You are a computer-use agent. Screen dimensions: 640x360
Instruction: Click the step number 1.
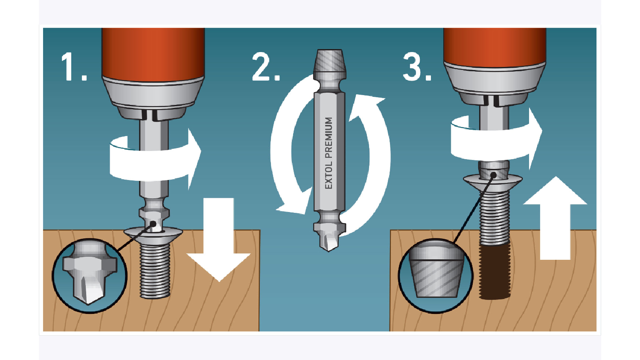pyautogui.click(x=74, y=67)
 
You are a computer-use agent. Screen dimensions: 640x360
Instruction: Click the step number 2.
pyautogui.click(x=266, y=67)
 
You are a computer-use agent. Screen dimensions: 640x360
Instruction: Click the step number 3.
pyautogui.click(x=417, y=67)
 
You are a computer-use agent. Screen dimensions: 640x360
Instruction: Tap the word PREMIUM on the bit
pyautogui.click(x=329, y=138)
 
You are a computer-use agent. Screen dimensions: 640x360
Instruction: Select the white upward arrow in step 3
pyautogui.click(x=555, y=218)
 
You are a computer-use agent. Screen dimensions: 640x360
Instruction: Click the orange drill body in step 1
pyautogui.click(x=154, y=54)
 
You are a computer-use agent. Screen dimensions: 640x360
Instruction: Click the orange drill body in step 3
pyautogui.click(x=495, y=47)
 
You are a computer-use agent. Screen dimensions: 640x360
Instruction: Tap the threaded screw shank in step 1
pyautogui.click(x=154, y=270)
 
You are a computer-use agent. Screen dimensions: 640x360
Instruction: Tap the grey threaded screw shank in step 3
pyautogui.click(x=494, y=218)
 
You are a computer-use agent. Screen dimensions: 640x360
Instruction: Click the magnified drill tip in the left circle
pyautogui.click(x=89, y=274)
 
